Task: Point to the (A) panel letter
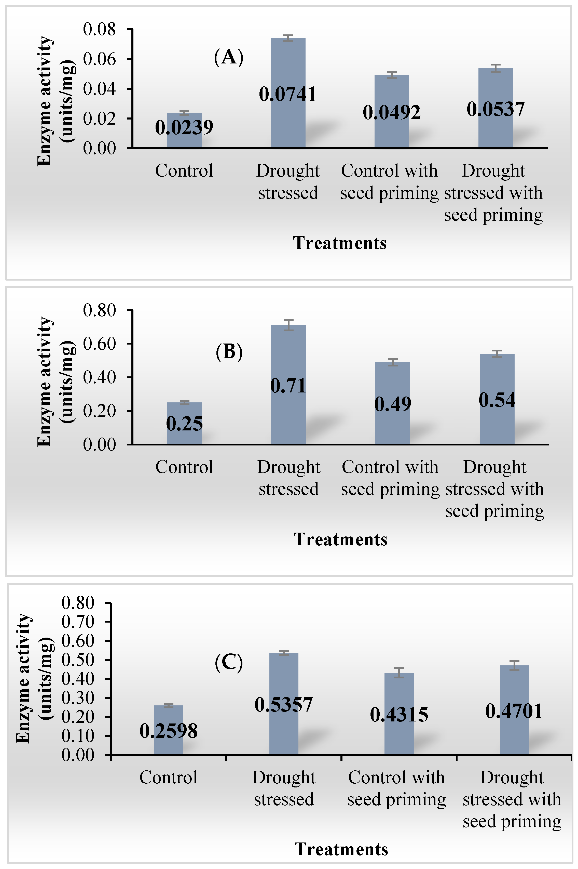229,57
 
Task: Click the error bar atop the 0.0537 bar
496,68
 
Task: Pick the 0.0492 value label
391,112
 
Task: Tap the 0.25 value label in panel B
184,424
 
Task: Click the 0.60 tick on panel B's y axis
99,344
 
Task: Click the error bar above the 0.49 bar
393,362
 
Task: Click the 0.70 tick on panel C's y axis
78,622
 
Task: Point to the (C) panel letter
229,663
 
